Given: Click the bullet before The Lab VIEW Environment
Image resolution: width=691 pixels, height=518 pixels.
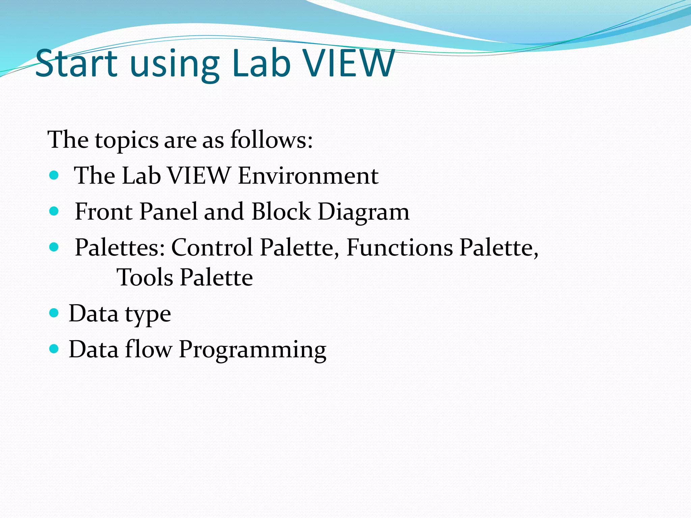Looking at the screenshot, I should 54,175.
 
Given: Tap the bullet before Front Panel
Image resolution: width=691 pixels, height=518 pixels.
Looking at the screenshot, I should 54,211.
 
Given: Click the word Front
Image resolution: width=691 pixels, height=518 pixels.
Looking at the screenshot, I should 104,211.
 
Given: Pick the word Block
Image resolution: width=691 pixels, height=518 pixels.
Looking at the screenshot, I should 281,211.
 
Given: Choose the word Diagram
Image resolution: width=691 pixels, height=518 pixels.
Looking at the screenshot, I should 363,213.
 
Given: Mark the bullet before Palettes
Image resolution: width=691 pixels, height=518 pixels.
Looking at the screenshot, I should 54,247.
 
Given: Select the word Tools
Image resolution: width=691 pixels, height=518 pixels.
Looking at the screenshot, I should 145,277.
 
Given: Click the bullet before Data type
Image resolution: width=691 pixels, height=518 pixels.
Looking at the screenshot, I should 54,313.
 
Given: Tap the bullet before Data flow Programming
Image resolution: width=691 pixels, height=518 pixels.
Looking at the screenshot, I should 54,349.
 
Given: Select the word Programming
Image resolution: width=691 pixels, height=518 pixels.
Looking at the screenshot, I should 252,350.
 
